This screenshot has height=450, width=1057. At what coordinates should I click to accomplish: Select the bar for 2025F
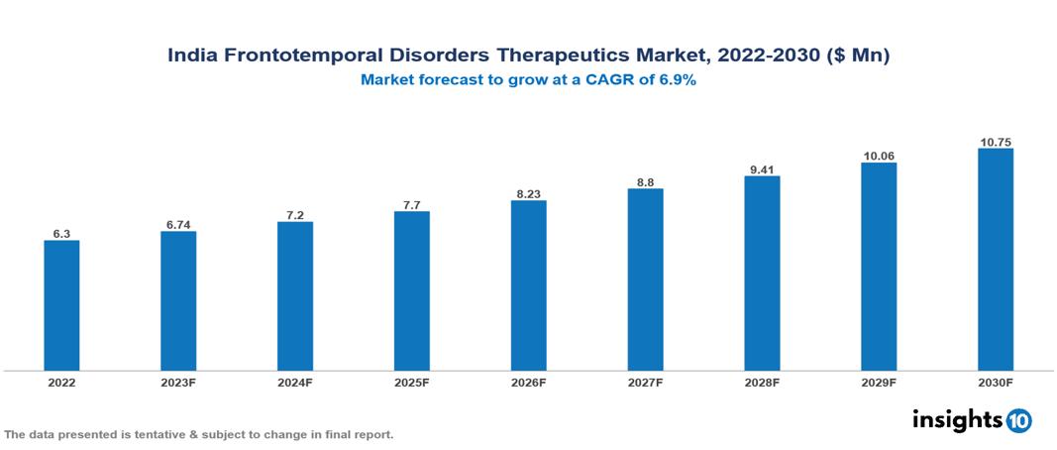pos(412,290)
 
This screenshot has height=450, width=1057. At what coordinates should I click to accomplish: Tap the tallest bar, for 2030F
pos(996,260)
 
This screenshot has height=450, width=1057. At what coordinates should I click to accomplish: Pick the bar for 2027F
pos(645,280)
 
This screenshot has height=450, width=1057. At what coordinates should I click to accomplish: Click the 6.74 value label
pos(178,224)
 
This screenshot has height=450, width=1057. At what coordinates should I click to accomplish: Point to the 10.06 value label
pos(879,156)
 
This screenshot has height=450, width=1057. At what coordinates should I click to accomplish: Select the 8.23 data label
pos(529,193)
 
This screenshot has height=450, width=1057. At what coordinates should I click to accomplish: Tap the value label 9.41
pos(762,169)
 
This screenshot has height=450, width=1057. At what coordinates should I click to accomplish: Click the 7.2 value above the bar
pos(295,214)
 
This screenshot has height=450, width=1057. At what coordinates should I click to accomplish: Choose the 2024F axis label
pos(295,383)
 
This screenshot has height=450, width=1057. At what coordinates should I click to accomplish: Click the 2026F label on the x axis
pos(529,383)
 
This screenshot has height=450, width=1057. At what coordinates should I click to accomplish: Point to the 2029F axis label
pos(879,383)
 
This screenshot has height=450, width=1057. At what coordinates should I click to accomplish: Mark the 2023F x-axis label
pos(178,383)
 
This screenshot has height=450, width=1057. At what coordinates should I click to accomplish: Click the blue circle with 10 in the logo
pos(1018,420)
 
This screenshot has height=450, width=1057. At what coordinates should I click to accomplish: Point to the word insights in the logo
pos(957,419)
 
